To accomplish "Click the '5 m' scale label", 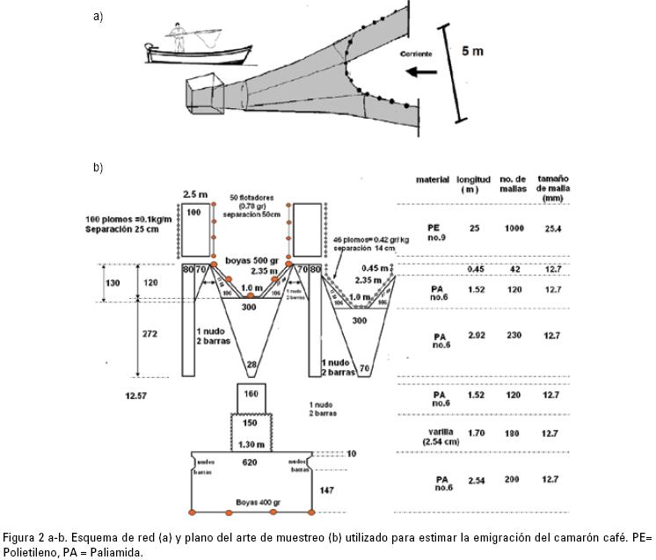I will point(472,51).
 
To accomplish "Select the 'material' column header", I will point(433,179).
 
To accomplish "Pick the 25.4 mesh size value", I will point(551,228).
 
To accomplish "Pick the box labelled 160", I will point(251,395).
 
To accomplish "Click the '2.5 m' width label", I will point(193,193).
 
